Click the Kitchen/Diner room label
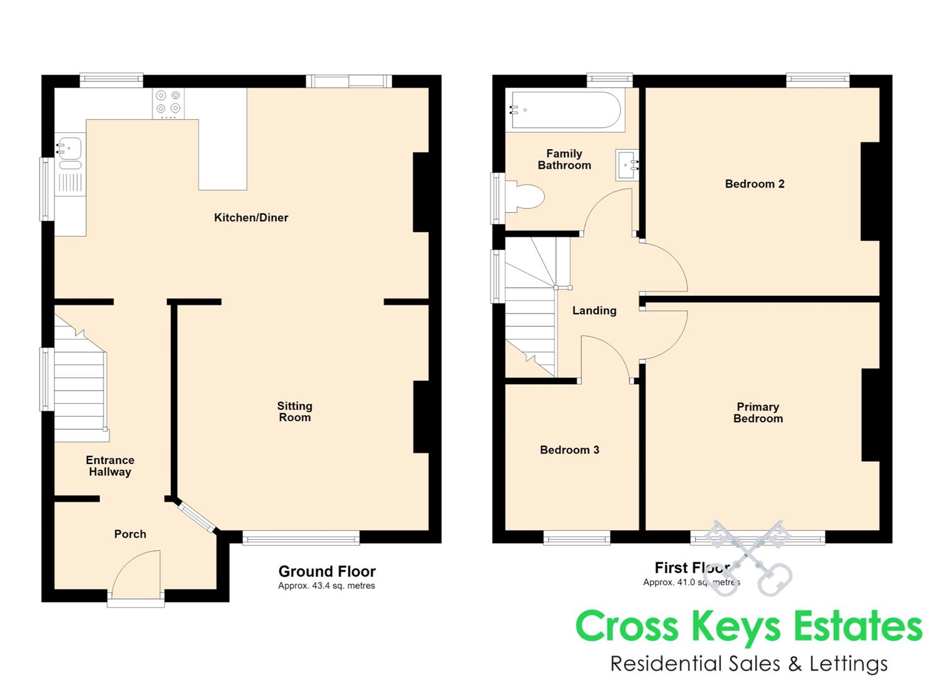coord(251,217)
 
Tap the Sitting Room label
coord(295,412)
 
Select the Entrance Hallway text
coord(110,466)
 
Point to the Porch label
coord(130,534)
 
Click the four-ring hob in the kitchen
coord(169,103)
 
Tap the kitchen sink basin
coord(69,148)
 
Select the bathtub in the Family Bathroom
coord(565,110)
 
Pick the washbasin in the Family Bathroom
coord(627,166)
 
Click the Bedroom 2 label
coord(755,184)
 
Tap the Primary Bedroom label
coord(758,412)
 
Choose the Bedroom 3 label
coord(570,450)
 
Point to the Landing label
coord(594,310)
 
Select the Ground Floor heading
coord(327,571)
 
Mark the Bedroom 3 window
coord(577,538)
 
